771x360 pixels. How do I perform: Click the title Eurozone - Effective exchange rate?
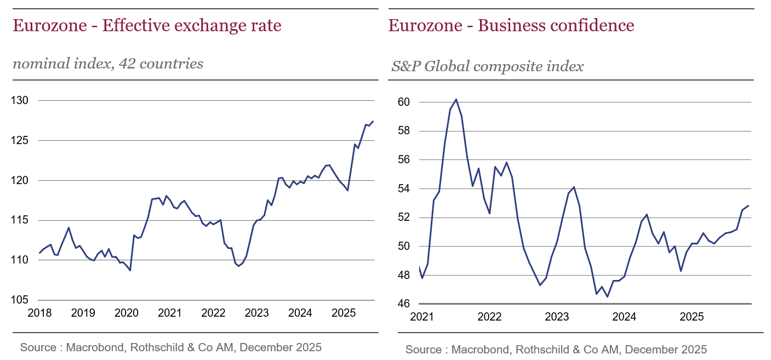(147, 26)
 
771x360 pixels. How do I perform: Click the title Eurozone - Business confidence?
(511, 26)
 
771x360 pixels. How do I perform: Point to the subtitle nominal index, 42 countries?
(108, 64)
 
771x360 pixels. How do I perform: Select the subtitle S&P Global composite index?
(487, 67)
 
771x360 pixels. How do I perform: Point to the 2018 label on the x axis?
(39, 313)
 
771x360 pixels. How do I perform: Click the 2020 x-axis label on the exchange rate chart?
(126, 313)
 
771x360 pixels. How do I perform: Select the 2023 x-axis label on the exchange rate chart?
(256, 313)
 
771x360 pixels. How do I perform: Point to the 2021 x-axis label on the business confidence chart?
(422, 317)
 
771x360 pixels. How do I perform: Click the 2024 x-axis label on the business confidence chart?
(624, 317)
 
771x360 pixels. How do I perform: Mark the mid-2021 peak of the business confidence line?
(456, 99)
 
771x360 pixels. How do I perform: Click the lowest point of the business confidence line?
(607, 297)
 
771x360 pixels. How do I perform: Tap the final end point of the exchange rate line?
(373, 121)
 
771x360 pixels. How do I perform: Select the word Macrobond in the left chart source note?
(91, 347)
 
